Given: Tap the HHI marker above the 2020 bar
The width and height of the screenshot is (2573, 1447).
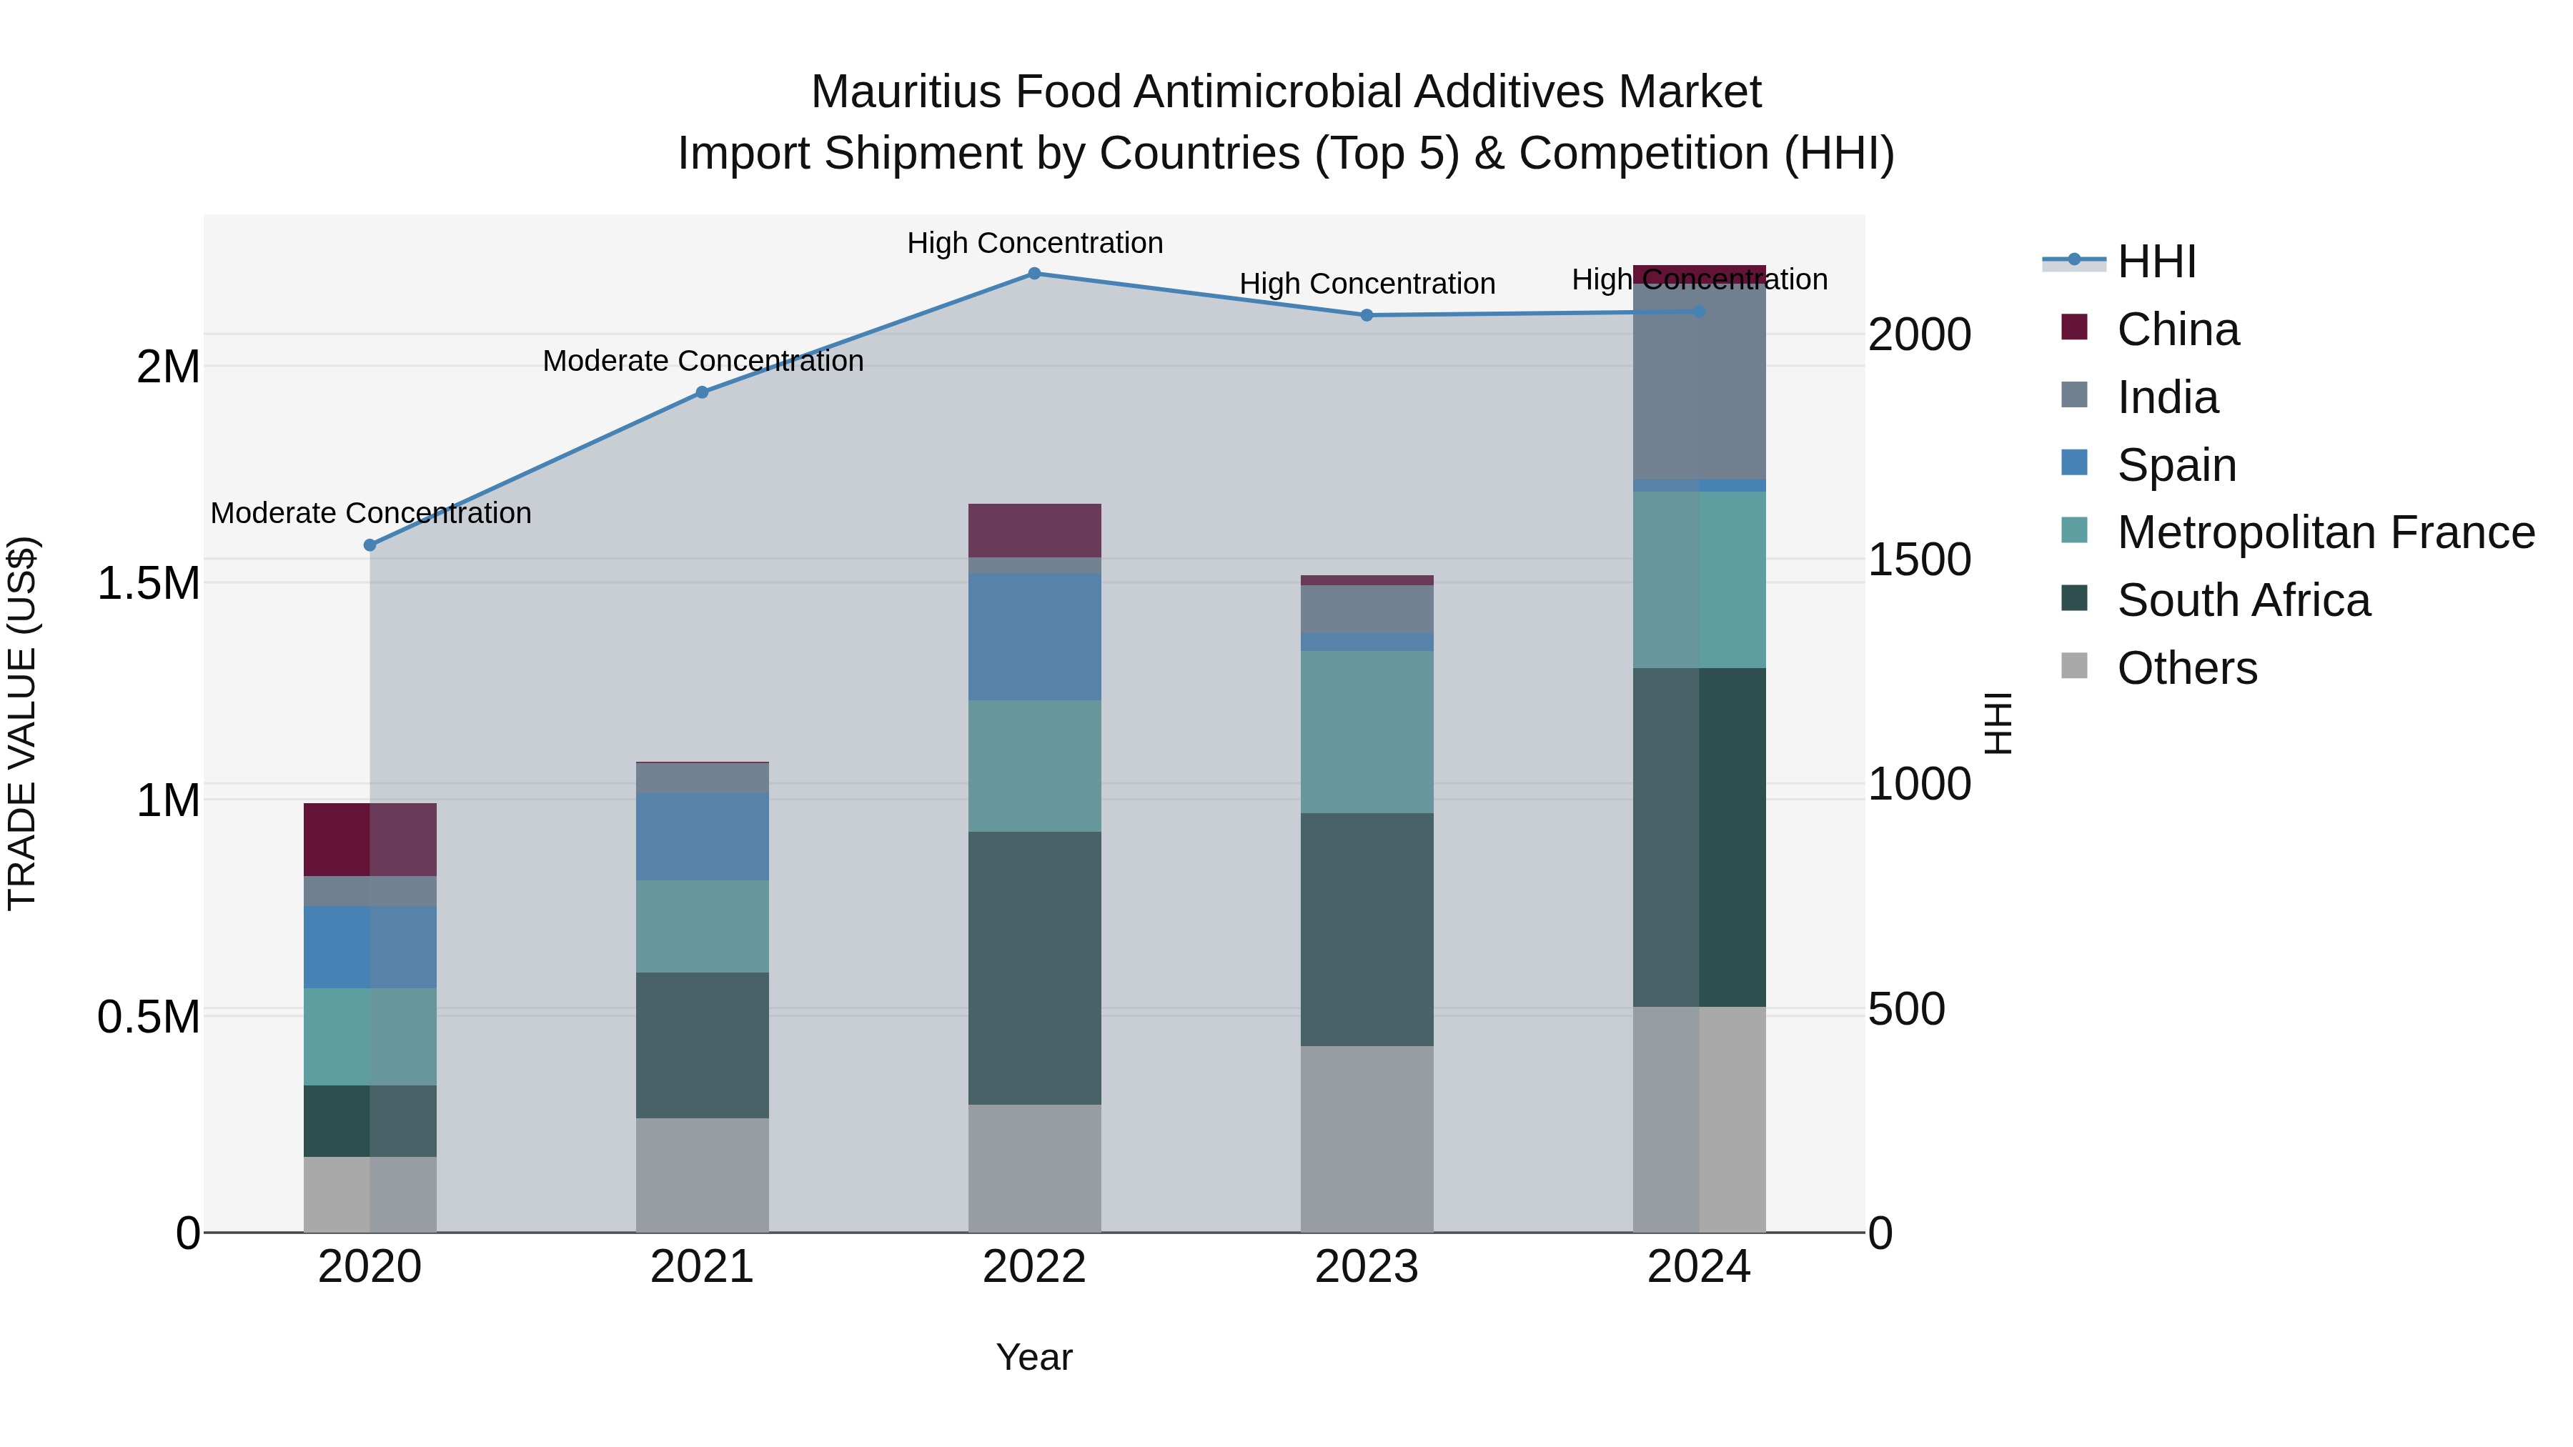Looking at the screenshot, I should [x=370, y=545].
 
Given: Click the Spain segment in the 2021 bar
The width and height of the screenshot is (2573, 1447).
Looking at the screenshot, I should [x=702, y=836].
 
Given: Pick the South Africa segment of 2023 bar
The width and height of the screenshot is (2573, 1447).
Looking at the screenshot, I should [x=1367, y=930].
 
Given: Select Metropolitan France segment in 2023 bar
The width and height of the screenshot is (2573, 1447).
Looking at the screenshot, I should [x=1367, y=732].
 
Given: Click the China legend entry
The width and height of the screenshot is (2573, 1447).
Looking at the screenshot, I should [x=2178, y=329].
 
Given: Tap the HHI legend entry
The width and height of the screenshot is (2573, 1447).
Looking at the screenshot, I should [x=2156, y=262].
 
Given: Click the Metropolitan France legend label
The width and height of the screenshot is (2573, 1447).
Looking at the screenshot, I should [x=2325, y=532].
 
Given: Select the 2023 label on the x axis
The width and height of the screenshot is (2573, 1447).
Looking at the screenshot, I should [x=1367, y=1267].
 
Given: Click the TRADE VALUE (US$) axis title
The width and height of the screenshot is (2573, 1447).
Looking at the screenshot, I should [x=22, y=723].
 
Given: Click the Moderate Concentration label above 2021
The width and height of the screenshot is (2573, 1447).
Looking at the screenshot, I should [x=702, y=361].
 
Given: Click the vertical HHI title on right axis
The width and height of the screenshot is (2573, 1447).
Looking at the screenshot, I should [x=1998, y=723].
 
